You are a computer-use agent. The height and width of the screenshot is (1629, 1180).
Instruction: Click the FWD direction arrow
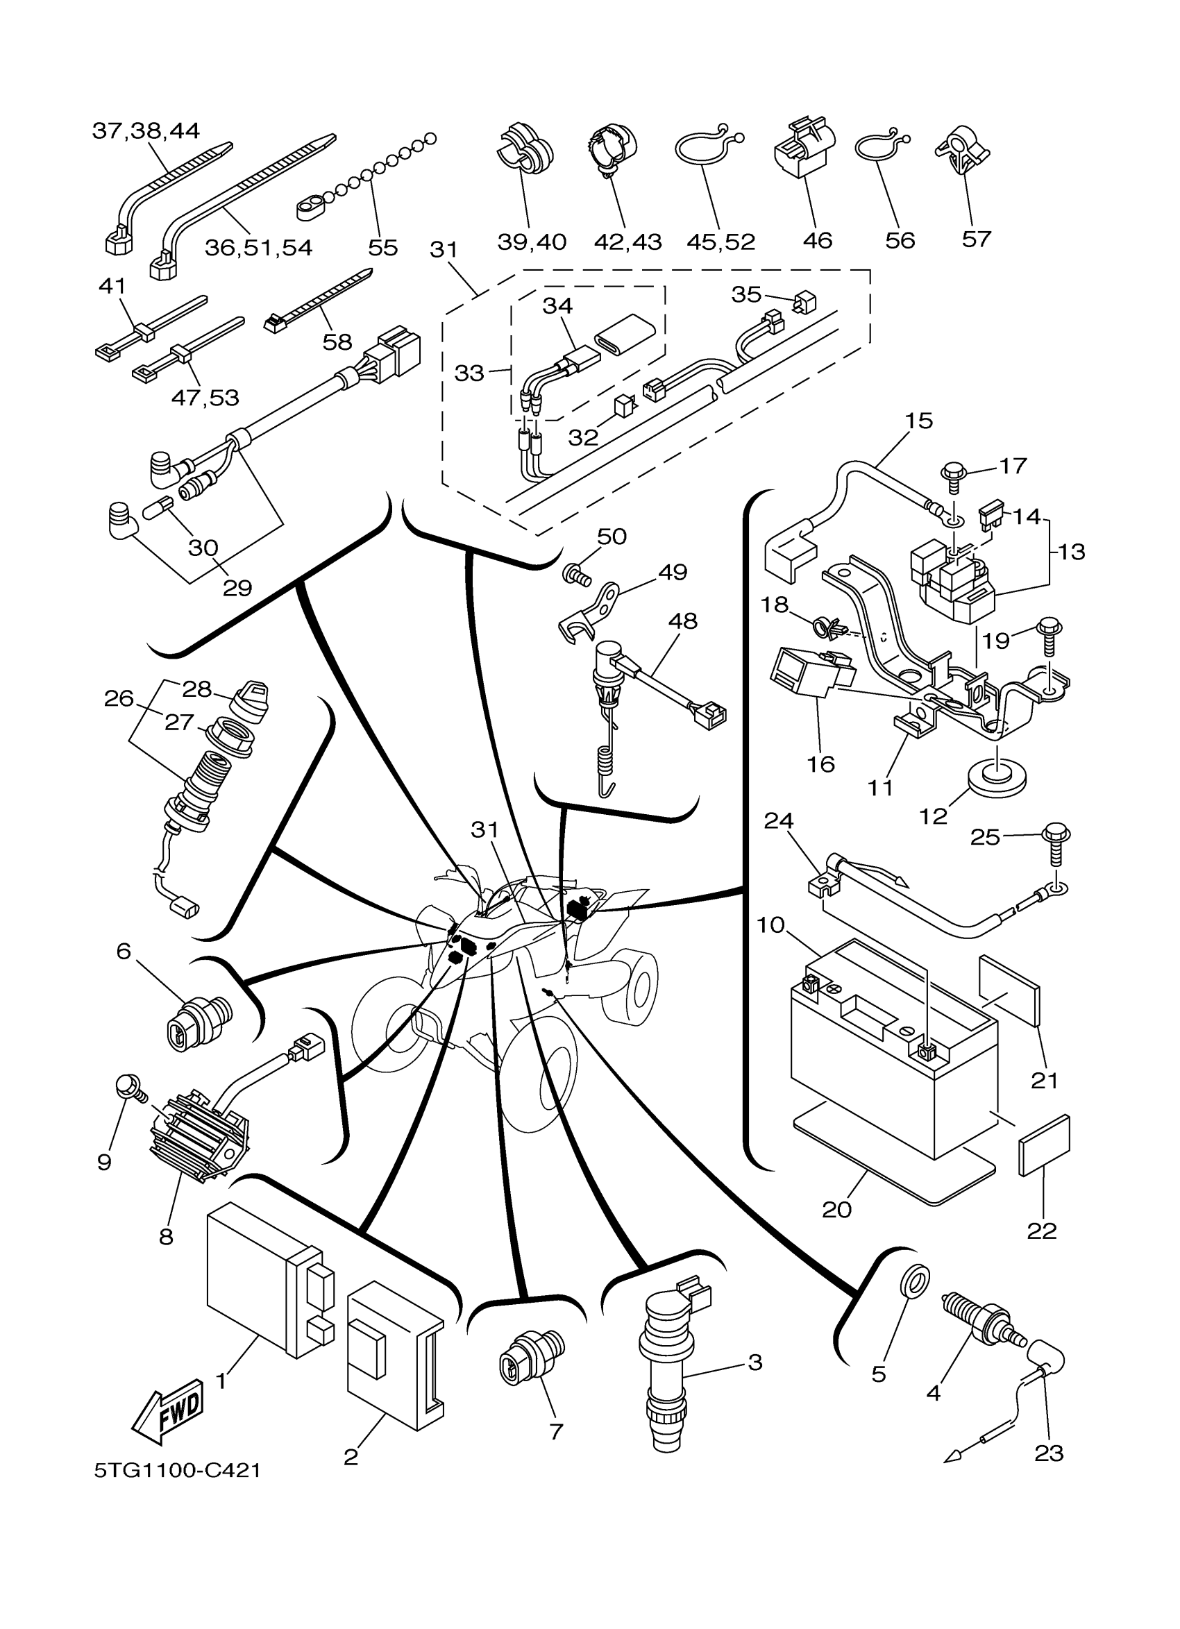[x=168, y=1411]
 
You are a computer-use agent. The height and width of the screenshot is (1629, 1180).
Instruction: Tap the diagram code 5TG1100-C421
[x=178, y=1470]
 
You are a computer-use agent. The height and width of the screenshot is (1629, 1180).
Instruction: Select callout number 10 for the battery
[x=770, y=925]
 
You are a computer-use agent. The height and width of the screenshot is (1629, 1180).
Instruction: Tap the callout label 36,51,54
[x=258, y=248]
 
